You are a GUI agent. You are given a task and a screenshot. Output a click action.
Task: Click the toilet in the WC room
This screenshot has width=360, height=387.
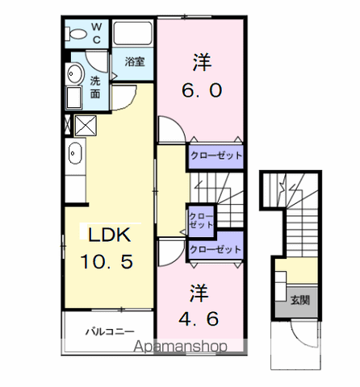pos(76,34)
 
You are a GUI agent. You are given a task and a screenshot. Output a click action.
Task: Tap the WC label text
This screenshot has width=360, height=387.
pos(97,33)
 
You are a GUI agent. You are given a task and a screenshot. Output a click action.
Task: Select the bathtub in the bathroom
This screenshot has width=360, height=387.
pos(132,33)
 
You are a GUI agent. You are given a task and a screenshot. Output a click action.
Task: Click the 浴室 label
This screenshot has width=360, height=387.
pos(135,62)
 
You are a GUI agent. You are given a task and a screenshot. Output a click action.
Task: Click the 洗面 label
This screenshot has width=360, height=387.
pos(95,87)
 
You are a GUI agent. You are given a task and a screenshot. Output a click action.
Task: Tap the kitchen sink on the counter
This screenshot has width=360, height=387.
pos(75,153)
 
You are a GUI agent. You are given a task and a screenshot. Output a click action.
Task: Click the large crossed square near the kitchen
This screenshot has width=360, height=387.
pos(86,126)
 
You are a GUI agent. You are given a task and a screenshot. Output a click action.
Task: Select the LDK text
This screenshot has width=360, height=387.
pos(110,235)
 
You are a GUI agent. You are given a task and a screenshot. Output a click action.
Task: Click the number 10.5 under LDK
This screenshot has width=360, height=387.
pos(107,262)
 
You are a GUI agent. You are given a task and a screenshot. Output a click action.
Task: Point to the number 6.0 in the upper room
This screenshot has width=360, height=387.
pos(202,90)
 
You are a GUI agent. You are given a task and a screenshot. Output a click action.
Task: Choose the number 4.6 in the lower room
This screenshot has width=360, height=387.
pos(199,318)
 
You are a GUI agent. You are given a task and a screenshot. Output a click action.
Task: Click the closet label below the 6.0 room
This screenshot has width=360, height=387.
pos(216,156)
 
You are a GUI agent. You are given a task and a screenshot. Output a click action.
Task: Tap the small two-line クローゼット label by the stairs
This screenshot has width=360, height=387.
pos(201,221)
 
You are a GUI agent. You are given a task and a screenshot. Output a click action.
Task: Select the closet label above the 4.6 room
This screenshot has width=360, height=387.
pos(216,250)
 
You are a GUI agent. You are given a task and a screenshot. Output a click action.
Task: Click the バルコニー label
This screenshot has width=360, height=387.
pos(110,331)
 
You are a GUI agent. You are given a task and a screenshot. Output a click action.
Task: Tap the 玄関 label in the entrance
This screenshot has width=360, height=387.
pos(300,300)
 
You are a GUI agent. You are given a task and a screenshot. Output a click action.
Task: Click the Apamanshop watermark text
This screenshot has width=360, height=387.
pos(181,347)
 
